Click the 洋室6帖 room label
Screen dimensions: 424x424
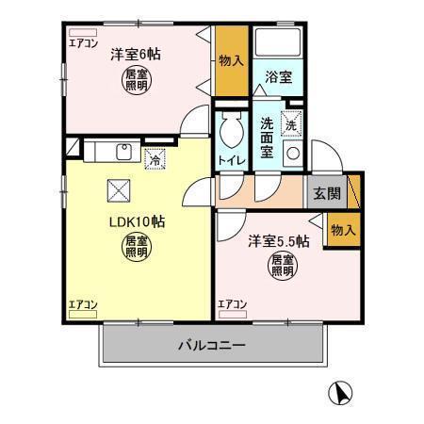(134, 55)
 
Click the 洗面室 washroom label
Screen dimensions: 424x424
(267, 138)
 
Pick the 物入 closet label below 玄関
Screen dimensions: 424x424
(344, 230)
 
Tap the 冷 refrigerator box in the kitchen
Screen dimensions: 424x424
(155, 159)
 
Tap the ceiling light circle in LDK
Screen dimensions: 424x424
(135, 248)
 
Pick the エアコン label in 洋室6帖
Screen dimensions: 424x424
(82, 42)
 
